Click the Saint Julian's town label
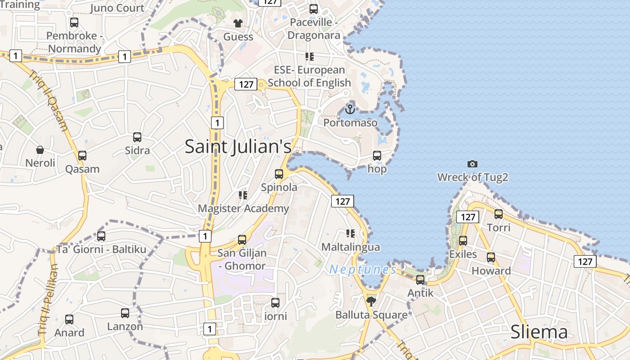coord(238,147)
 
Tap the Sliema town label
coord(539,332)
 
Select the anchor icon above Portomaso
coord(350,109)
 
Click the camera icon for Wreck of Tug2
coord(472,164)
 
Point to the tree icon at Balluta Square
coord(371,301)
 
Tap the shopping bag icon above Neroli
coord(40,149)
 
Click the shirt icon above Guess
coord(238,23)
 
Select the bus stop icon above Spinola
coord(279,174)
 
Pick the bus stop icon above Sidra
coord(137,137)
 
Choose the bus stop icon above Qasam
coord(82,155)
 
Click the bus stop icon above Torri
coord(499,214)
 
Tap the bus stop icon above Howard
coord(491,257)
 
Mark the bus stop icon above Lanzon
coord(125,313)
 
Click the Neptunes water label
coord(363,270)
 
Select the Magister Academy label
coord(243,208)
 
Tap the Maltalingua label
coord(351,247)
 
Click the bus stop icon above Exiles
coord(463,241)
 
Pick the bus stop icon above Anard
coord(69,319)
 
